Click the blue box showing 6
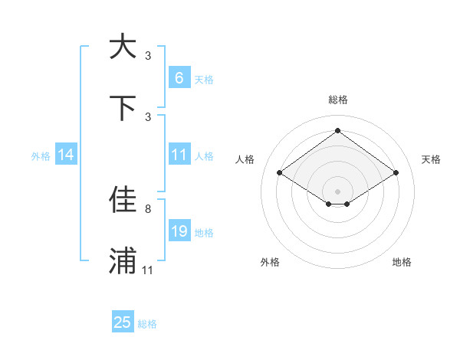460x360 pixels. (179, 77)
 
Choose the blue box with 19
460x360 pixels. (179, 231)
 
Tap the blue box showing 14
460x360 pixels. (66, 155)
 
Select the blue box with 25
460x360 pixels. (123, 322)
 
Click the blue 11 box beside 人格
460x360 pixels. (179, 155)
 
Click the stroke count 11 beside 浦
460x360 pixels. (148, 270)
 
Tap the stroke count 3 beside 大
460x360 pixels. (148, 55)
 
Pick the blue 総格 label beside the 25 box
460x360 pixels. (147, 324)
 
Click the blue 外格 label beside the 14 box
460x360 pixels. (41, 155)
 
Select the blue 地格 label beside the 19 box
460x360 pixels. (204, 232)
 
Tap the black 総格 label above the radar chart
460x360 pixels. (337, 100)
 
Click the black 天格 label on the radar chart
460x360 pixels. (431, 159)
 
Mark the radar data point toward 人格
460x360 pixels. (280, 173)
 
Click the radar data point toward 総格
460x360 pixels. (337, 130)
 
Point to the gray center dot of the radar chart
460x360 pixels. (337, 190)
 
